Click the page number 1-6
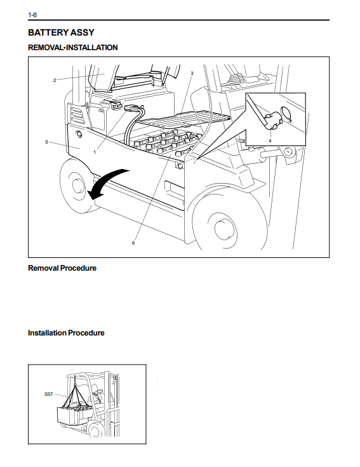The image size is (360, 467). pos(32,15)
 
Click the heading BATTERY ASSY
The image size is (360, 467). pos(61,32)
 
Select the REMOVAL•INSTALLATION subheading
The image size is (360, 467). pos(73,48)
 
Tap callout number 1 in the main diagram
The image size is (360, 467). pos(95,152)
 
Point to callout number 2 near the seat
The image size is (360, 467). pos(55,80)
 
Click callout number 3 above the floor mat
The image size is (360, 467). pos(192,73)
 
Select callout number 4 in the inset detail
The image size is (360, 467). pos(270,140)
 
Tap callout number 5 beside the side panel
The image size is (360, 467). pos(46,142)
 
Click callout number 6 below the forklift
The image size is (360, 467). pos(133,243)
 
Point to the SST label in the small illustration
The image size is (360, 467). pos(48,394)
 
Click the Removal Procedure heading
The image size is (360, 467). pos(62,268)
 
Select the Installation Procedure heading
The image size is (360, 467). pos(66,333)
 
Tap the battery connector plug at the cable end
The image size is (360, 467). pos(131,108)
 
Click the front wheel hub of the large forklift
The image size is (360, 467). pos(223,229)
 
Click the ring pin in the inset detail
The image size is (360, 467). pos(286,114)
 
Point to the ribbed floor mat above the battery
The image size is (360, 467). pos(185,118)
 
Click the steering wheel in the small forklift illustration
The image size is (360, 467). pos(97,391)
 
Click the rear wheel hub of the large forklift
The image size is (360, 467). pos(78,186)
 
